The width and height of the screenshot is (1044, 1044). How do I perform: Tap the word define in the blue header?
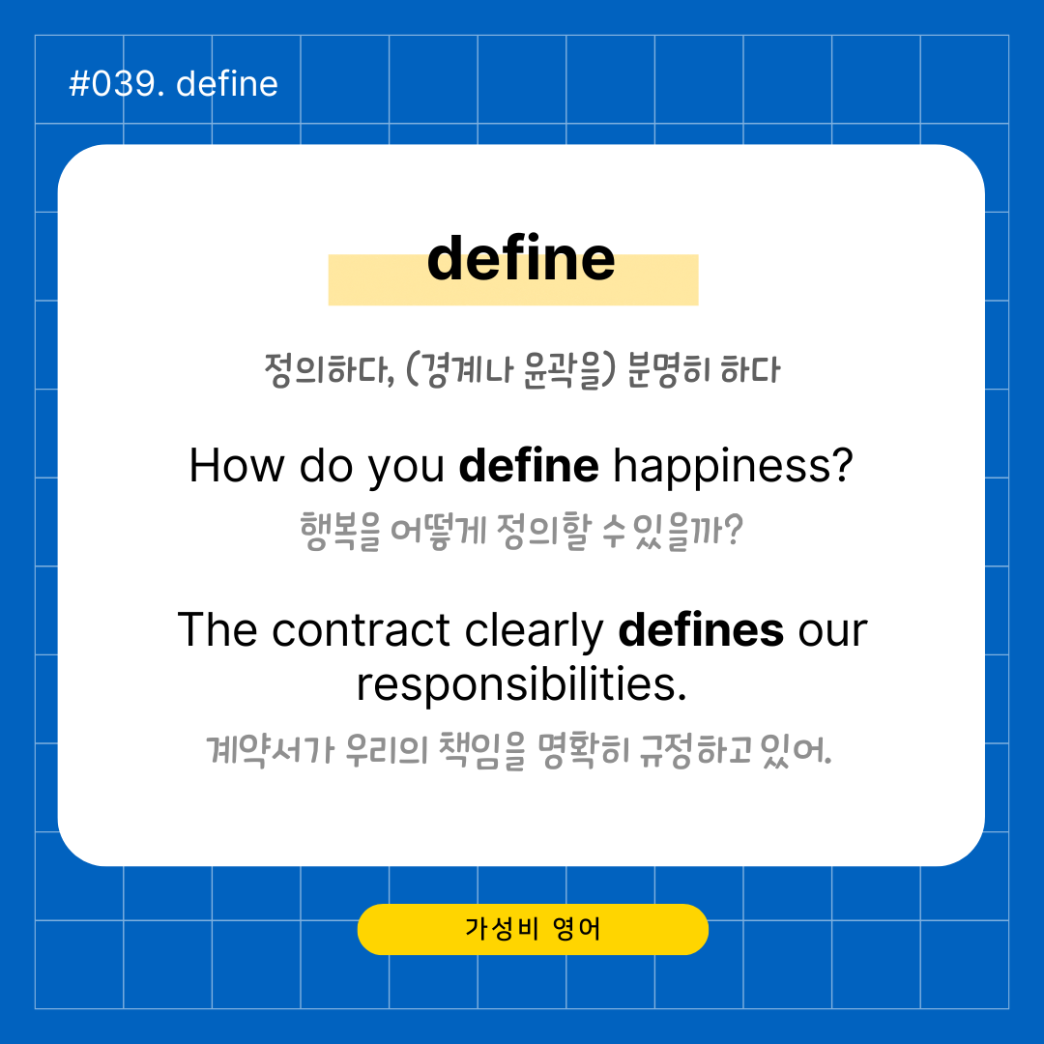(227, 84)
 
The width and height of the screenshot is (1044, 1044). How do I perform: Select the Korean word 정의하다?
(330, 369)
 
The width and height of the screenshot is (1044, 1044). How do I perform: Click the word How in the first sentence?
(237, 465)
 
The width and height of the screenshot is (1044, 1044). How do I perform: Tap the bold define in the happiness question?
(529, 465)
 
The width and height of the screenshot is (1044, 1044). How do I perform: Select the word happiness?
(733, 467)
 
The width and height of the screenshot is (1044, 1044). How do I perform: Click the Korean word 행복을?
(340, 532)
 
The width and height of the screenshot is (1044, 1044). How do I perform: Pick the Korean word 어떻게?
(439, 532)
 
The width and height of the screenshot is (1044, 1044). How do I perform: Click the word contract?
(361, 630)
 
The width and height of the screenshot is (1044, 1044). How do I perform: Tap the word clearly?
(534, 631)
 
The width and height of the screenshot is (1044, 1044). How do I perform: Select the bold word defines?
(701, 630)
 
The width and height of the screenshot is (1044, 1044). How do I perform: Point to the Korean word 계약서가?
(270, 750)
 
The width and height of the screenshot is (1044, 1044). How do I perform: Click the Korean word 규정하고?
(696, 750)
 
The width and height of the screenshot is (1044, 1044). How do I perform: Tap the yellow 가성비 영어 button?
(533, 929)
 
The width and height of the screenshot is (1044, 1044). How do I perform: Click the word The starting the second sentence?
(217, 630)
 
